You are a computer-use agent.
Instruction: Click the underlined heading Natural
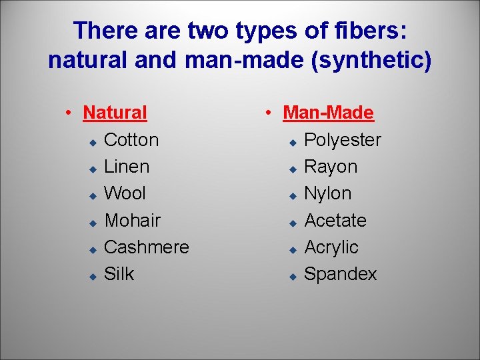coord(115,113)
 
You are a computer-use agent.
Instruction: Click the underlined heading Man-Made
coord(328,113)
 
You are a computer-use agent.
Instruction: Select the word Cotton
coord(131,140)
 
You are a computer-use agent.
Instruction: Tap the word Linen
coord(127,167)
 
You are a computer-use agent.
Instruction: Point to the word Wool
coord(125,193)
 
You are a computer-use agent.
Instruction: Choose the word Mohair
coord(133,220)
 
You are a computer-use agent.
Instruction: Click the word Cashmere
coord(147,247)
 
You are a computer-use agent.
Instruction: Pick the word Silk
coord(119,273)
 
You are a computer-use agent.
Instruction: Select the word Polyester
coord(343,140)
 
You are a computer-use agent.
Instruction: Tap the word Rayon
coord(331,167)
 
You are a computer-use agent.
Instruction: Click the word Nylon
coord(327,193)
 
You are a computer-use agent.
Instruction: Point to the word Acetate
coord(335,220)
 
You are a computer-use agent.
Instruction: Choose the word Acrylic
coord(331,247)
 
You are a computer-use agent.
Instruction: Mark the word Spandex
coord(340,273)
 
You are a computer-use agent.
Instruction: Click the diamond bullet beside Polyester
coord(292,142)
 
